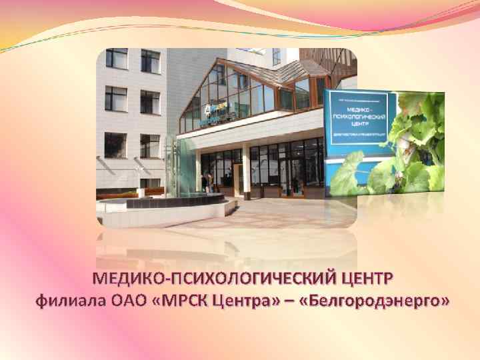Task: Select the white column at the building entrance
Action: click(x=246, y=172)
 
